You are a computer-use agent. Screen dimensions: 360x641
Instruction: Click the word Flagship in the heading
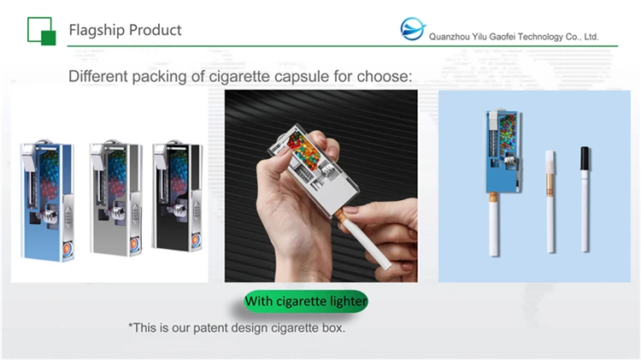pyautogui.click(x=97, y=30)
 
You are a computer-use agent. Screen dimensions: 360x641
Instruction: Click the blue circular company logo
pyautogui.click(x=413, y=30)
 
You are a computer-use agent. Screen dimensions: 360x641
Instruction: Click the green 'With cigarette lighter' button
pyautogui.click(x=305, y=302)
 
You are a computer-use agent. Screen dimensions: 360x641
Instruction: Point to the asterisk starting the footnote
pyautogui.click(x=131, y=328)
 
